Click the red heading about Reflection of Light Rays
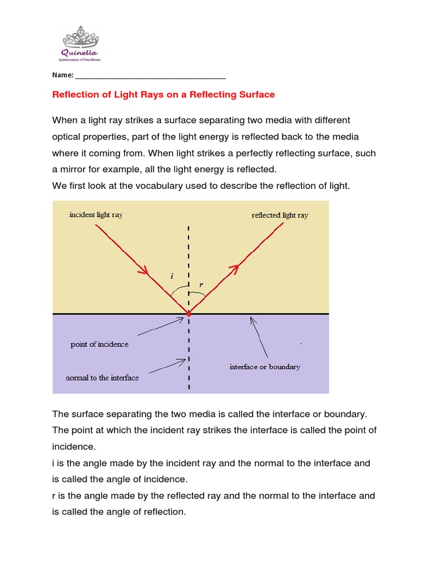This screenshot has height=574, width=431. coord(163,95)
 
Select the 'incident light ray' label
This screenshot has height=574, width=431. coord(96,215)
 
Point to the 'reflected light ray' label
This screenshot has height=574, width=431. coord(280,215)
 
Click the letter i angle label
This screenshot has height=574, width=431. coord(172,276)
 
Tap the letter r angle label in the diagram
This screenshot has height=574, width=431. coord(200,285)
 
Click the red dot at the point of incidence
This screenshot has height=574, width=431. coord(189,314)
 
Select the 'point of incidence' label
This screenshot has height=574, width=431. coord(99,344)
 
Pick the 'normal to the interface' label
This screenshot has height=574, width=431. coord(102,378)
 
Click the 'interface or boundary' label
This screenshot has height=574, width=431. coord(265,367)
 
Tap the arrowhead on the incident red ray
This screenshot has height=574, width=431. coord(144,271)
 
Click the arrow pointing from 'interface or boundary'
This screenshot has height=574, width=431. coord(259,337)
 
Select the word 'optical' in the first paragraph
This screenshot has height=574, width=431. coord(67,137)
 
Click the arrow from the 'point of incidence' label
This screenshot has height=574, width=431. coord(160,327)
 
